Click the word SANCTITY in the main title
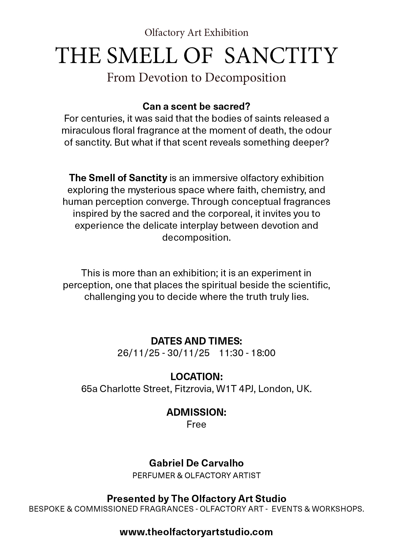click(x=281, y=56)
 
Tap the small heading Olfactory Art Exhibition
click(x=196, y=33)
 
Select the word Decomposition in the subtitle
click(x=246, y=78)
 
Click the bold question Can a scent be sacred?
click(x=196, y=107)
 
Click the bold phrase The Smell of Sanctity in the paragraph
click(x=118, y=178)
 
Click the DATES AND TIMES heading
click(x=196, y=341)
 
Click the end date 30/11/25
click(x=188, y=353)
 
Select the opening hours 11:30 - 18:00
click(x=247, y=353)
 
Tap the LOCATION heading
click(x=196, y=377)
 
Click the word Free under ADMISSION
click(x=196, y=424)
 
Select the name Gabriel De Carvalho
click(x=196, y=463)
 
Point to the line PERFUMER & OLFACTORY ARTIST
click(x=196, y=475)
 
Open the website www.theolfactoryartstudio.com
click(x=196, y=532)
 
